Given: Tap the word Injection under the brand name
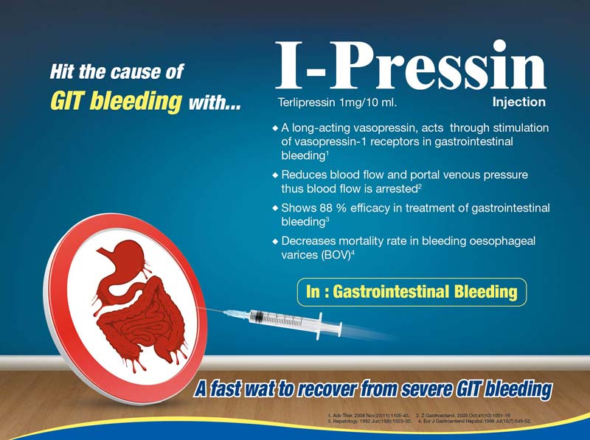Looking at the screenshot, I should (x=519, y=102).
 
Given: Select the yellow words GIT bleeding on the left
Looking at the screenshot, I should (x=114, y=102).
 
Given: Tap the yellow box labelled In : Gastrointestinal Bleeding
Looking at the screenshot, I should (x=412, y=293).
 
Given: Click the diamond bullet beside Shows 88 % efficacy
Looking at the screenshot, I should (x=276, y=209).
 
